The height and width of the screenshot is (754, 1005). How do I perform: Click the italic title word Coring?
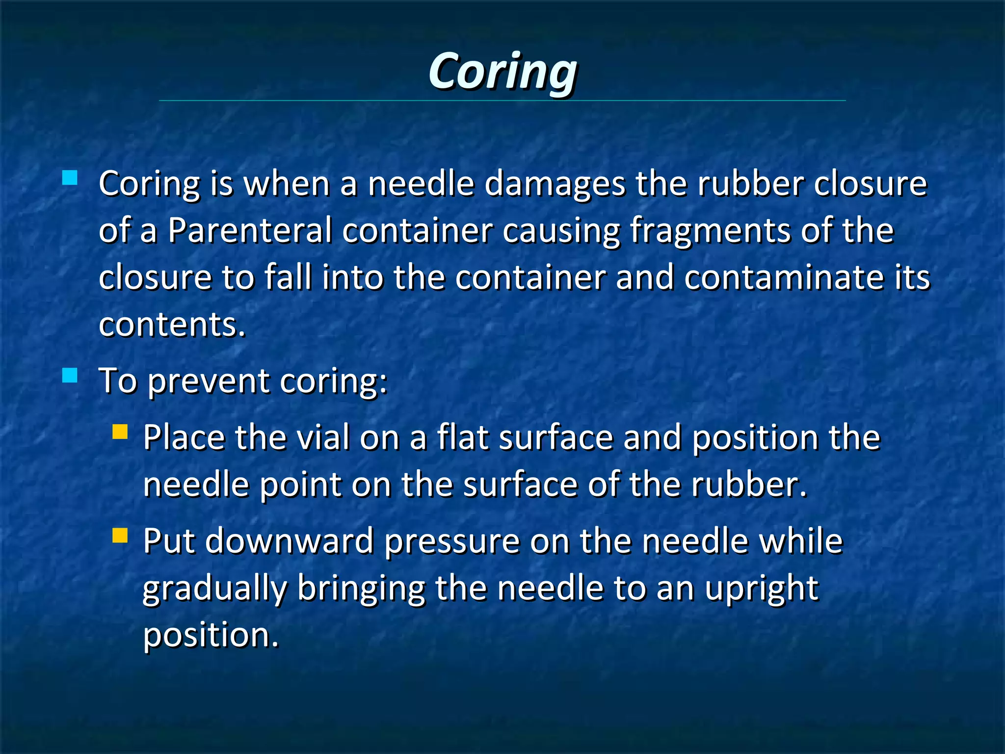tap(502, 72)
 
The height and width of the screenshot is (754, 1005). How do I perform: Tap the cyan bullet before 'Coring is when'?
tap(70, 177)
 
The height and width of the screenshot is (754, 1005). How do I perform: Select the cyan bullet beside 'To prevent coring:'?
tap(70, 376)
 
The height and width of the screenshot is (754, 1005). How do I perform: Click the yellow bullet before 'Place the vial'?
tap(120, 432)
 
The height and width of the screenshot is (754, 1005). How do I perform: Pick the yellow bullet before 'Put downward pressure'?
tap(120, 535)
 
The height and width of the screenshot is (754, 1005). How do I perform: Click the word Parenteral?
tap(250, 230)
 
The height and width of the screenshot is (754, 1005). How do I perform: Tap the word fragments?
tap(710, 231)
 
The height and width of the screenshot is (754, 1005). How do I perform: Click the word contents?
tap(172, 324)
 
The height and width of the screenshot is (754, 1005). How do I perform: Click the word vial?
tap(323, 437)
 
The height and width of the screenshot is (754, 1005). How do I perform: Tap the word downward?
tap(290, 540)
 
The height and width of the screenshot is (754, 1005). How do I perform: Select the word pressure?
tap(451, 541)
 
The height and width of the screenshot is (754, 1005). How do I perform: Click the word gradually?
tap(214, 589)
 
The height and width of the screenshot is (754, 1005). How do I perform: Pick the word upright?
tap(762, 589)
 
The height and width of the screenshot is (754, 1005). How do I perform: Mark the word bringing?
tap(361, 589)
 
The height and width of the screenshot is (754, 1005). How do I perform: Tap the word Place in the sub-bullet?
tap(184, 437)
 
